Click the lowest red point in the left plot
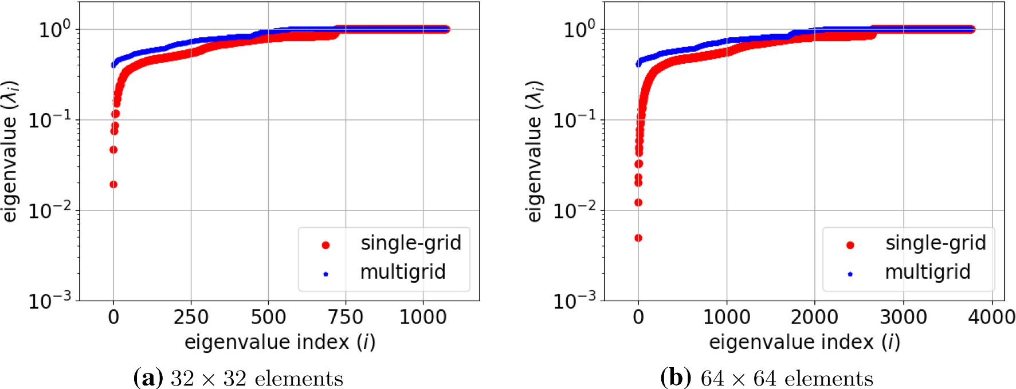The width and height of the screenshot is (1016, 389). (x=113, y=184)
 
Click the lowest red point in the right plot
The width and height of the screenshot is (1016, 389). (x=638, y=238)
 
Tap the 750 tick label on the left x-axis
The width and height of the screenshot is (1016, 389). (x=346, y=317)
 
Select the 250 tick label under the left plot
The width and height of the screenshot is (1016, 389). (x=191, y=317)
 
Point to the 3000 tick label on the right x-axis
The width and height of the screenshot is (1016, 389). (x=903, y=317)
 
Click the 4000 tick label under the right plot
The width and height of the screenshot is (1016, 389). (x=991, y=317)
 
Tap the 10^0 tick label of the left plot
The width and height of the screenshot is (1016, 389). (x=54, y=29)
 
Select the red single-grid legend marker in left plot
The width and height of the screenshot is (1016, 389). (x=325, y=245)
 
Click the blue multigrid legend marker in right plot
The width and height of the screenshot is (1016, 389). (x=850, y=274)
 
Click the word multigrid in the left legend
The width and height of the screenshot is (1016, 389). (x=402, y=272)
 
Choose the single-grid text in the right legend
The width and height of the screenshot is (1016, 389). (x=935, y=243)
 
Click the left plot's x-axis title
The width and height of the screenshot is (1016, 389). (x=280, y=342)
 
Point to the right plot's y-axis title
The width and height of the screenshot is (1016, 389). (x=534, y=151)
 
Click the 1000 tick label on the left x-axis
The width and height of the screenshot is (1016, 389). (x=423, y=317)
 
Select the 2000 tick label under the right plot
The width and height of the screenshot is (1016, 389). (x=814, y=317)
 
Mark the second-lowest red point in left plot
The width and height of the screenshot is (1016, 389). (x=113, y=150)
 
